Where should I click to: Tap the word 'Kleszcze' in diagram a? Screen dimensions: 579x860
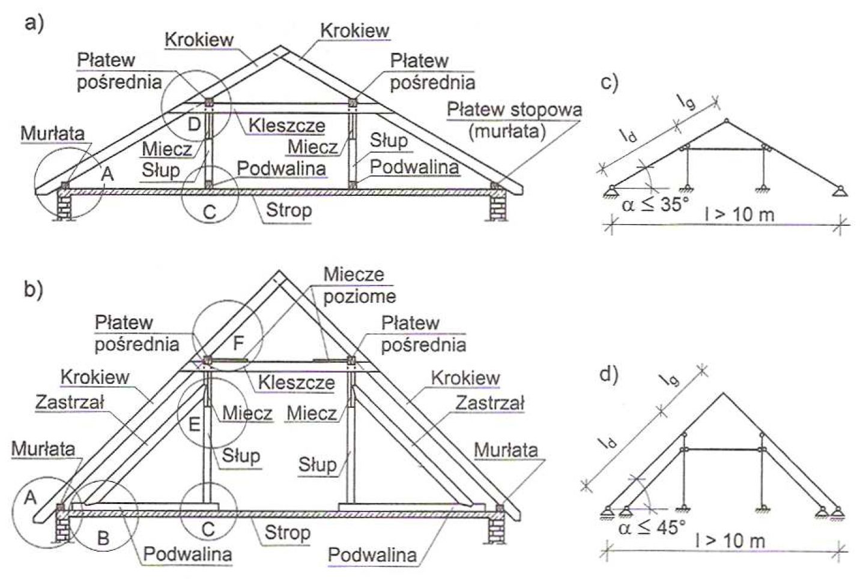[x=286, y=126]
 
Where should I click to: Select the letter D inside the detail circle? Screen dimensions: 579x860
[x=193, y=124]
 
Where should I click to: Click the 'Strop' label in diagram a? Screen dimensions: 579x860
[x=289, y=210]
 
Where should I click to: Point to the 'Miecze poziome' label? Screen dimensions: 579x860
[x=359, y=285]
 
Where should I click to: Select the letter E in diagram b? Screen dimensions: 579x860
[x=194, y=424]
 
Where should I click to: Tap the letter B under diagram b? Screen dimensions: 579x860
[x=103, y=538]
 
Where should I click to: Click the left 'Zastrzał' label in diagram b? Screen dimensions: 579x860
[x=70, y=402]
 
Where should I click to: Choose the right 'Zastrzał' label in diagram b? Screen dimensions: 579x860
[x=489, y=402]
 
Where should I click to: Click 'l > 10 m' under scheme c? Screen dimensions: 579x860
[x=739, y=213]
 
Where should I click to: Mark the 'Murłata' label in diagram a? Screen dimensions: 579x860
[x=53, y=133]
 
